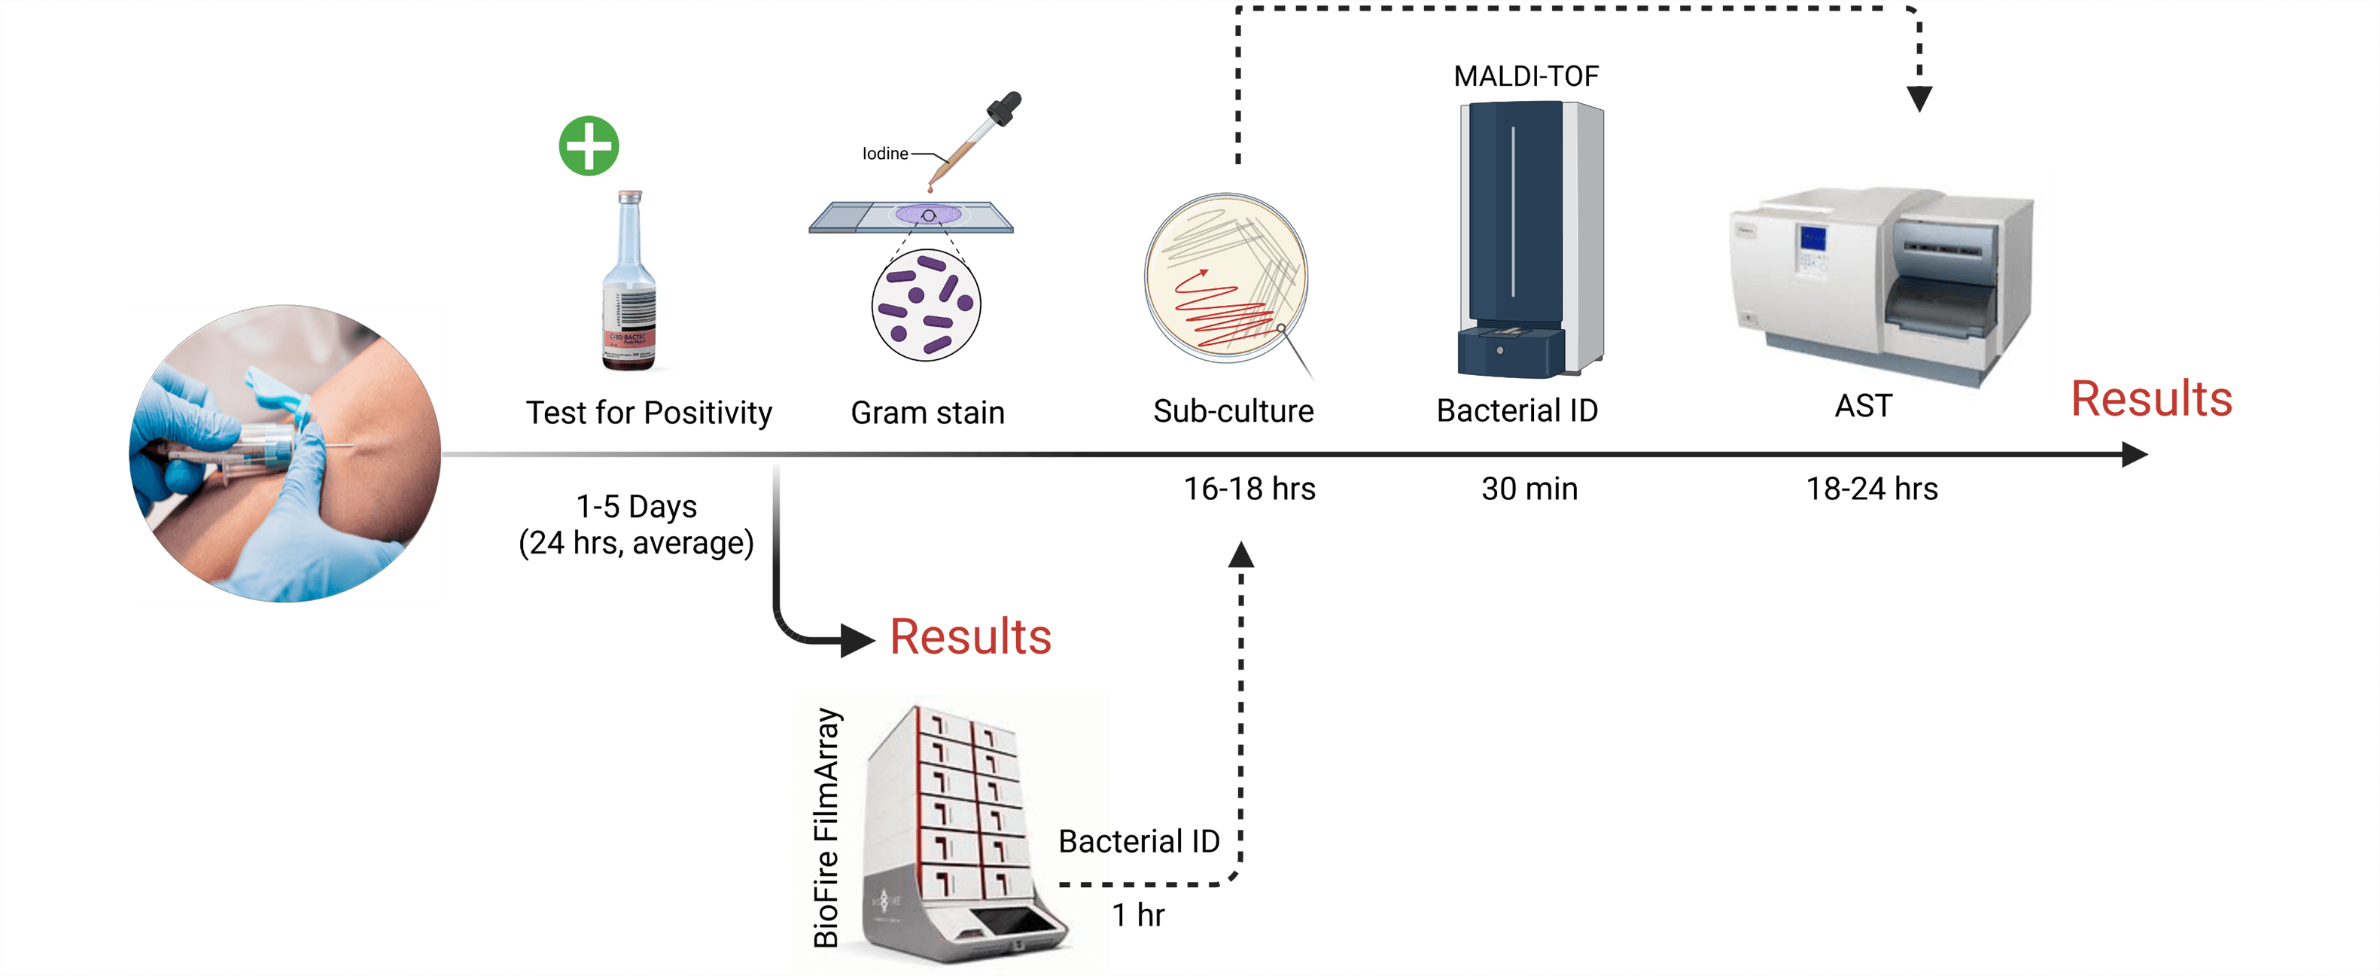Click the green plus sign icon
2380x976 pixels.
589,146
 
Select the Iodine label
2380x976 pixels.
884,154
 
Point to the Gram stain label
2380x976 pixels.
927,412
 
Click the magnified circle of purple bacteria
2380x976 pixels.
926,305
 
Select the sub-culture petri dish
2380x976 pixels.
1225,276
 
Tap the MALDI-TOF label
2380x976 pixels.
1526,76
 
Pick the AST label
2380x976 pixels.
1863,406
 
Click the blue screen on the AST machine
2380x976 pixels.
1812,239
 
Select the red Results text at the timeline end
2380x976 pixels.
2151,399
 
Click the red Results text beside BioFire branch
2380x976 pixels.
970,637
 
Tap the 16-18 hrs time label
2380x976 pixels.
1249,489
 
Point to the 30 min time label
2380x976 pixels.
1529,489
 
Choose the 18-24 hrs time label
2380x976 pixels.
1871,489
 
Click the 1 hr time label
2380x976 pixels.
1137,915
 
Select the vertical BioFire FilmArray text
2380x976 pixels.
826,827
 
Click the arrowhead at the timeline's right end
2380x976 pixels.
2133,454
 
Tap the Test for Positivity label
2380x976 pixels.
649,412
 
